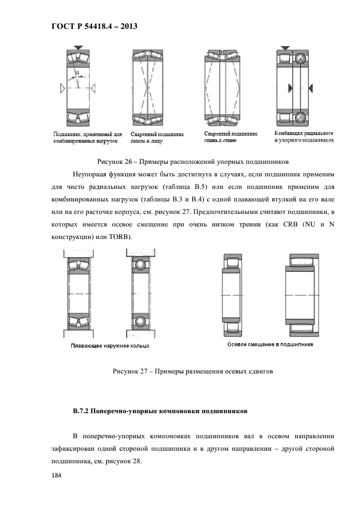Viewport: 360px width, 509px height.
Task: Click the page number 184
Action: (x=56, y=476)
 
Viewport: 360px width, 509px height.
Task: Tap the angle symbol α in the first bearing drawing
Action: (x=78, y=72)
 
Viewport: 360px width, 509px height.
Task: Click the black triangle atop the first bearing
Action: (x=79, y=49)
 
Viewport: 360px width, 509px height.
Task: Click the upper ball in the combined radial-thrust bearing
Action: (x=300, y=59)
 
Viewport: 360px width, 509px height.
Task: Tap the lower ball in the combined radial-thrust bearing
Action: (x=300, y=117)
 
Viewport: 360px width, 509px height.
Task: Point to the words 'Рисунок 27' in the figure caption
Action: (x=130, y=372)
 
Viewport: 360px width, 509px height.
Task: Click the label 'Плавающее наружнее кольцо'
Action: (x=109, y=346)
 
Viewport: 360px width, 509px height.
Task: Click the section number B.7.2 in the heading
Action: (x=83, y=411)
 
